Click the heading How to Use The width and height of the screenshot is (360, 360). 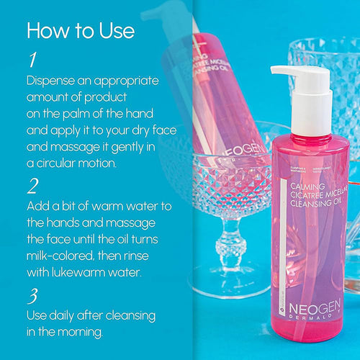[x=80, y=31]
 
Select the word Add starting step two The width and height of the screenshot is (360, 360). [x=39, y=206]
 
